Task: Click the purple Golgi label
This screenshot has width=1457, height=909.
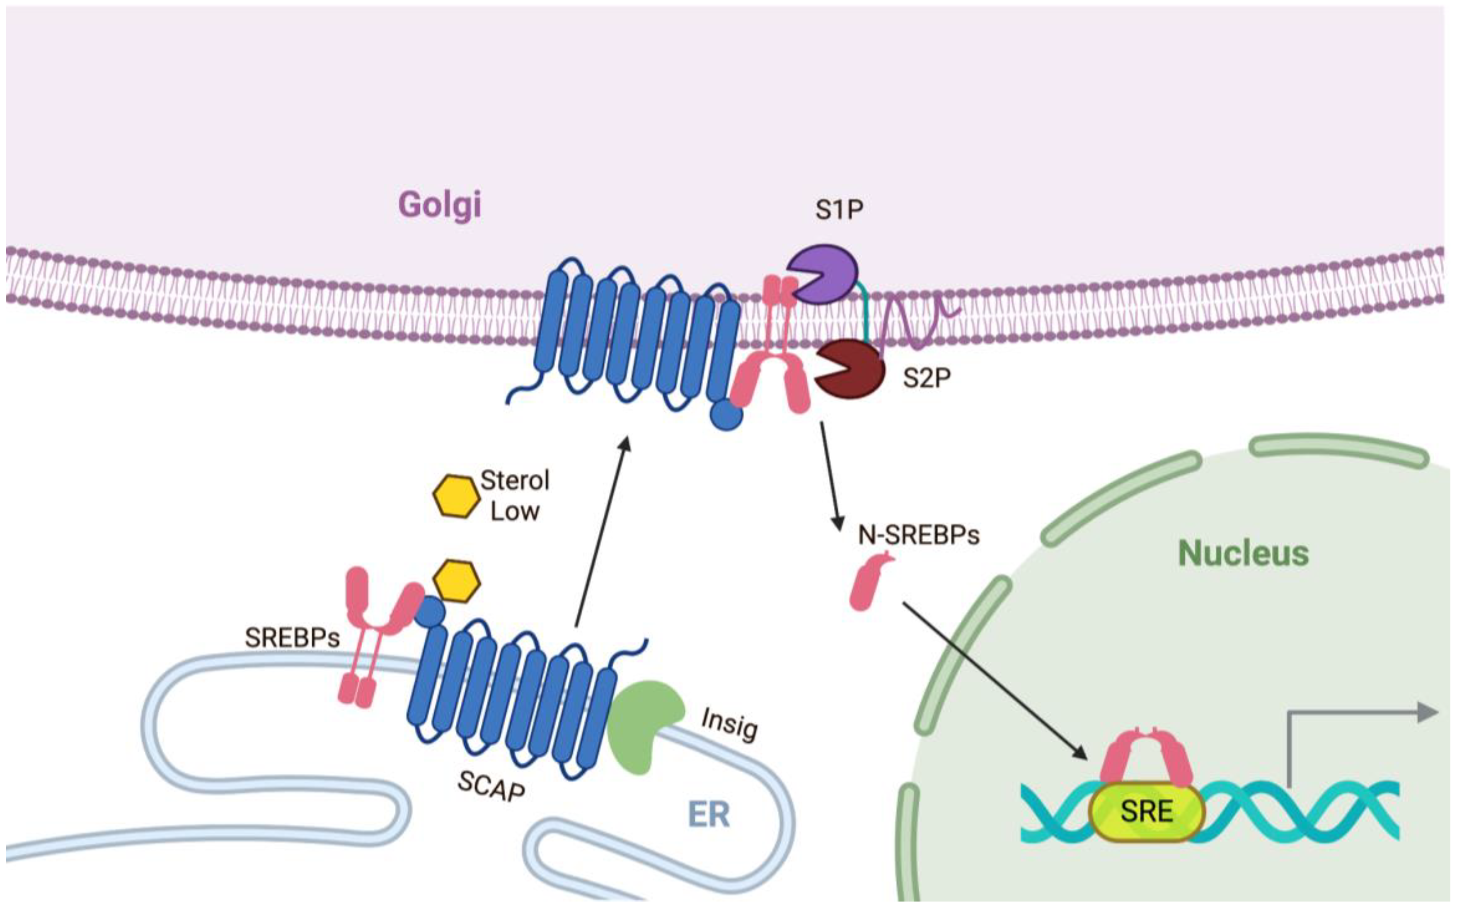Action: [440, 206]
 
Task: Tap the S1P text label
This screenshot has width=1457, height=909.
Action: [839, 210]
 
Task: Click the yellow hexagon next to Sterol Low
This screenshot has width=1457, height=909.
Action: [455, 497]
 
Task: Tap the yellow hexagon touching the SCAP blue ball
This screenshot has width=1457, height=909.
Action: [457, 581]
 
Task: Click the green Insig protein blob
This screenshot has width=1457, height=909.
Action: [641, 725]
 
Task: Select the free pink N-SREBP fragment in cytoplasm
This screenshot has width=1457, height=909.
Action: [870, 583]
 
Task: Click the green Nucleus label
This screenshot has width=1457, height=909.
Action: [1243, 553]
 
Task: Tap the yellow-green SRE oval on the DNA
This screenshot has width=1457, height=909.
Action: [1146, 812]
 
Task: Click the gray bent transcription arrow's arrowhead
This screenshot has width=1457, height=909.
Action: [1428, 713]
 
